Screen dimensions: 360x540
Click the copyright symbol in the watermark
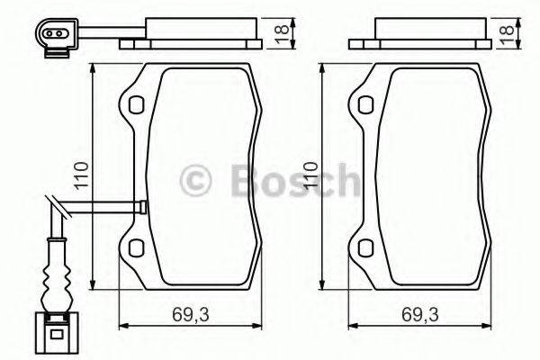196,179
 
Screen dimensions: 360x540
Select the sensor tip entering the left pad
140,207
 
